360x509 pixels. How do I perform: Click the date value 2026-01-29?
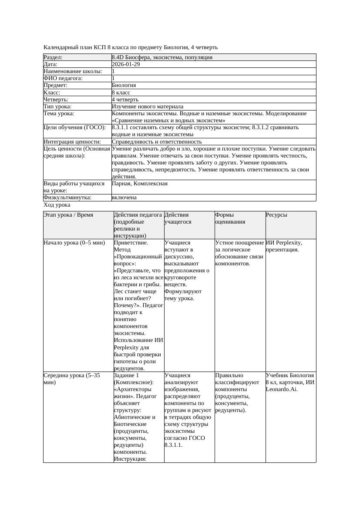click(x=126, y=64)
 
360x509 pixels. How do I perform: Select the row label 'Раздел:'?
click(x=53, y=57)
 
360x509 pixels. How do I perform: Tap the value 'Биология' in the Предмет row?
click(x=124, y=85)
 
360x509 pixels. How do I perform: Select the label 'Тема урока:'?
click(x=59, y=114)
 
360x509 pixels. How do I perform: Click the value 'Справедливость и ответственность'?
click(x=157, y=142)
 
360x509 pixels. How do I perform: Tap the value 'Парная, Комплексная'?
click(x=140, y=184)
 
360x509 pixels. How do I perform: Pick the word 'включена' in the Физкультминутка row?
click(x=124, y=198)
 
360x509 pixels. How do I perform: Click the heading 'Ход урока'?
click(x=57, y=205)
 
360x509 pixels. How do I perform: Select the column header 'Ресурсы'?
click(x=276, y=215)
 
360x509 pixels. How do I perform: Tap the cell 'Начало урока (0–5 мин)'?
click(x=74, y=243)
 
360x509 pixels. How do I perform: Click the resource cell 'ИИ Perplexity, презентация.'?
click(x=284, y=246)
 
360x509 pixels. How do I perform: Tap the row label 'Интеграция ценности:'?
click(x=72, y=142)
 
